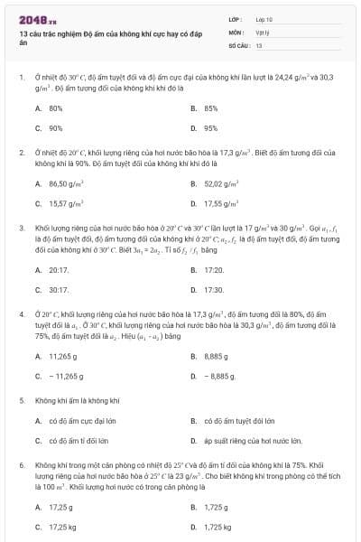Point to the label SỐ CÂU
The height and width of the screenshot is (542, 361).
coord(237,44)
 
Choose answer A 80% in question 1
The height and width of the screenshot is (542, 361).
coord(54,108)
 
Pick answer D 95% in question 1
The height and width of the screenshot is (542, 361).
coord(210,128)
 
